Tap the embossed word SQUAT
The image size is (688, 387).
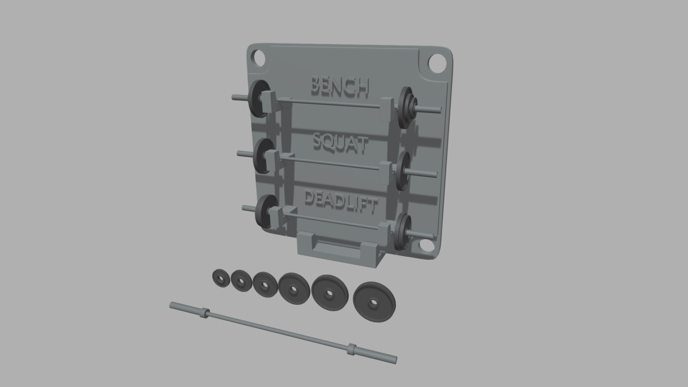[340, 143]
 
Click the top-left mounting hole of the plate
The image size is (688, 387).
[259, 57]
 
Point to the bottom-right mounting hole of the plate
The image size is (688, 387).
[426, 245]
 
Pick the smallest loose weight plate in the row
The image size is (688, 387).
[220, 278]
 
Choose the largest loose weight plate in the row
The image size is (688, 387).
[374, 302]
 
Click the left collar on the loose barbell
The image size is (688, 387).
[204, 313]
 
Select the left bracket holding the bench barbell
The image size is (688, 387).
[269, 101]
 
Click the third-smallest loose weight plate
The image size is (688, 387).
[264, 285]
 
